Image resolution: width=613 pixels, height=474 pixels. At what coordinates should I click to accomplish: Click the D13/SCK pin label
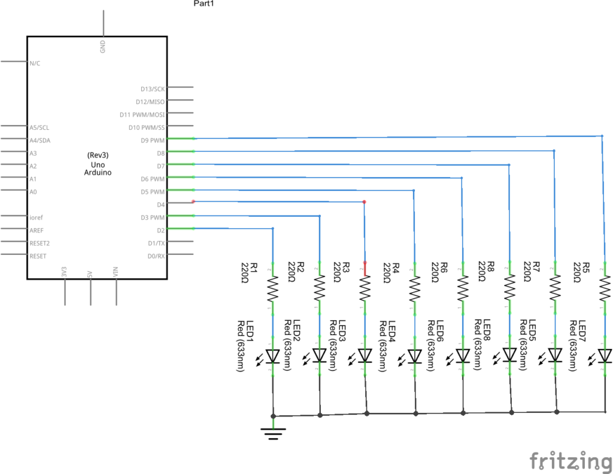coord(153,89)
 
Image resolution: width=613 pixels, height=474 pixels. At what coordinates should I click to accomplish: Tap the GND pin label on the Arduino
coord(103,45)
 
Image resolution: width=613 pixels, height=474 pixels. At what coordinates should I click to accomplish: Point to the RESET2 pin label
coord(40,243)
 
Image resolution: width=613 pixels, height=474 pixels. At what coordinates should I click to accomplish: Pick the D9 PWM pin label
coord(152,141)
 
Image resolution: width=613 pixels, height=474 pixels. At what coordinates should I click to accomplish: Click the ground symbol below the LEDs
coord(274,432)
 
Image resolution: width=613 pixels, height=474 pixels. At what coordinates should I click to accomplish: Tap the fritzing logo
coord(570,461)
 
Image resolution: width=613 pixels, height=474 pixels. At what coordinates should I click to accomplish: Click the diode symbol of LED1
coord(273,355)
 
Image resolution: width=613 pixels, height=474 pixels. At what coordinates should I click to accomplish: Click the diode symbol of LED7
coord(605,355)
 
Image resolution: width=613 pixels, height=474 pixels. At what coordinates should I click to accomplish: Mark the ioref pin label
coord(36,217)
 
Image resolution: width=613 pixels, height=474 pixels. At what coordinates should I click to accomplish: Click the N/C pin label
coord(35,63)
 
